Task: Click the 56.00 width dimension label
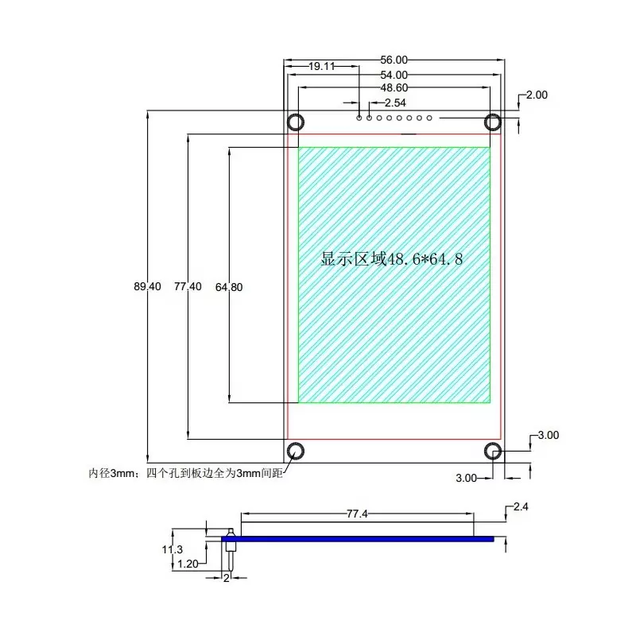coord(394,60)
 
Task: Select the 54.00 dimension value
coord(394,75)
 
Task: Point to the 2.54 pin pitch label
coord(395,103)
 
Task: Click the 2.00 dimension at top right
coord(537,95)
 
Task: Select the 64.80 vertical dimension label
coord(229,288)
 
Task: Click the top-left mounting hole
coord(296,122)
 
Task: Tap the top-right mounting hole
coord(493,122)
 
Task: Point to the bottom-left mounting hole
coord(296,451)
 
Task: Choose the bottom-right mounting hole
coord(493,451)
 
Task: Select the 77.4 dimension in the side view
coord(356,514)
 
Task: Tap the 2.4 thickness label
coord(521,506)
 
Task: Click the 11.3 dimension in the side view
coord(173,549)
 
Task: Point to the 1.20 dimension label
coord(189,564)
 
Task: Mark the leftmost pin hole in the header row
coord(360,118)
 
